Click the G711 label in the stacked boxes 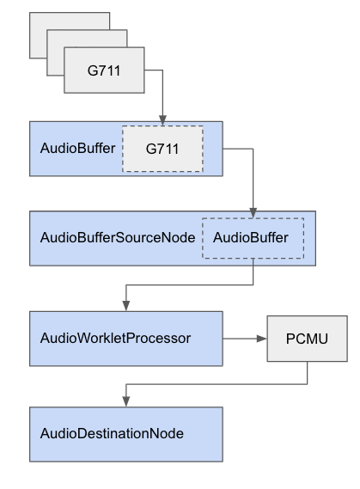(104, 70)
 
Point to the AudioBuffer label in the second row (77, 148)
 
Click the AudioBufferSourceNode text (118, 238)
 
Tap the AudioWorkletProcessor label (115, 338)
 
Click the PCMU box (308, 339)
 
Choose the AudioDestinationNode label (112, 433)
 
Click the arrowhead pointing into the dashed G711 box (162, 120)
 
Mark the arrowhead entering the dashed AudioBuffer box (253, 213)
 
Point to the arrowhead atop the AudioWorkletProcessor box (126, 306)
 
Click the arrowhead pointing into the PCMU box (262, 339)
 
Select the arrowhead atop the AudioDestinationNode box (126, 401)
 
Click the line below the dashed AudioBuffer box (190, 284)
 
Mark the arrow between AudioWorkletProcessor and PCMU (245, 339)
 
